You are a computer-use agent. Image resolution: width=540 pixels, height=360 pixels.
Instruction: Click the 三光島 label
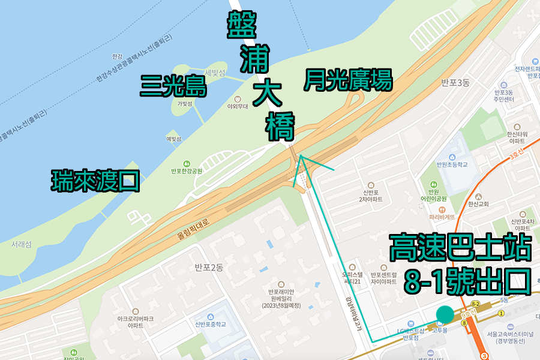pyautogui.click(x=173, y=86)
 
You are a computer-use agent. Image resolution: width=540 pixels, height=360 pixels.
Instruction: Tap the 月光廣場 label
pyautogui.click(x=348, y=80)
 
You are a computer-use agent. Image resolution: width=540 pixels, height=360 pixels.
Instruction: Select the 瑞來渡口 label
pyautogui.click(x=95, y=180)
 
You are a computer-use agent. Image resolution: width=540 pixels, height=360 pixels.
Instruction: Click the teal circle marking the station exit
pyautogui.click(x=445, y=314)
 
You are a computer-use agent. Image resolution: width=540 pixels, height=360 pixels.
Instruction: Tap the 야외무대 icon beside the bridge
pyautogui.click(x=238, y=98)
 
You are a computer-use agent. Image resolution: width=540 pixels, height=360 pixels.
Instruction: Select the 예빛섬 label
pyautogui.click(x=173, y=139)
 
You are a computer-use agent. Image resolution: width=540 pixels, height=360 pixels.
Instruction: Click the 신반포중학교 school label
pyautogui.click(x=210, y=325)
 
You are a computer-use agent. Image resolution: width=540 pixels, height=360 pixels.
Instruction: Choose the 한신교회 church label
pyautogui.click(x=476, y=204)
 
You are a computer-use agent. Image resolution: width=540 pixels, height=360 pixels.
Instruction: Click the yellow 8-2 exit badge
pyautogui.click(x=475, y=304)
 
